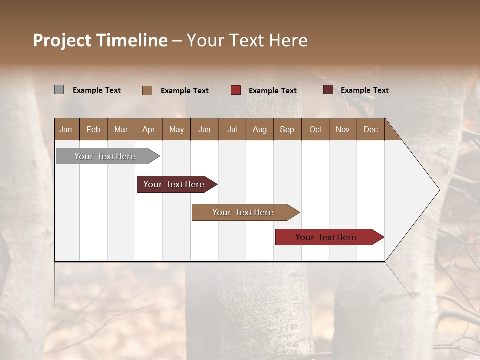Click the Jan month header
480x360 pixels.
click(x=66, y=129)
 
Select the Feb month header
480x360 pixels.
click(x=93, y=129)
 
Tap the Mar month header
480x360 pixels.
click(x=121, y=129)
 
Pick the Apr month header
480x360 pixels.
click(x=149, y=129)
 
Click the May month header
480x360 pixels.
click(x=176, y=129)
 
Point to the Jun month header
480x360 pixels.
click(x=204, y=129)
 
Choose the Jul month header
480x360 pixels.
click(x=232, y=129)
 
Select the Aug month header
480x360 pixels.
click(x=259, y=129)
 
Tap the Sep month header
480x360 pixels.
click(x=287, y=129)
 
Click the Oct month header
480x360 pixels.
click(x=315, y=129)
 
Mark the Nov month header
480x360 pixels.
click(x=343, y=129)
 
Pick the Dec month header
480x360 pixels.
click(x=370, y=129)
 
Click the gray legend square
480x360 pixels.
click(x=59, y=90)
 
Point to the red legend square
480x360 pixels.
click(x=236, y=90)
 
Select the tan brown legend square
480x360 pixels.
click(x=147, y=90)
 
